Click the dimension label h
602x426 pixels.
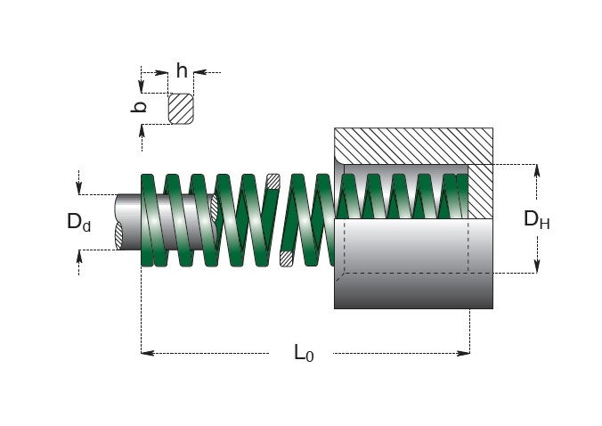(x=182, y=70)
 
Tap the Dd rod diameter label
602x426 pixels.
(x=78, y=223)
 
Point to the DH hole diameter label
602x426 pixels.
(x=537, y=220)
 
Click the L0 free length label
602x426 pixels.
(x=304, y=353)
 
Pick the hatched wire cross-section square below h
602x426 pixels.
(x=181, y=109)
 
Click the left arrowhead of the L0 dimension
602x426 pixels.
(x=148, y=353)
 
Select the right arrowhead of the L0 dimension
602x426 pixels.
(x=463, y=353)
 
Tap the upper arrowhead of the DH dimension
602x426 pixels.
(x=537, y=170)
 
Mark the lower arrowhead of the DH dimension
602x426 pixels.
(x=537, y=266)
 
